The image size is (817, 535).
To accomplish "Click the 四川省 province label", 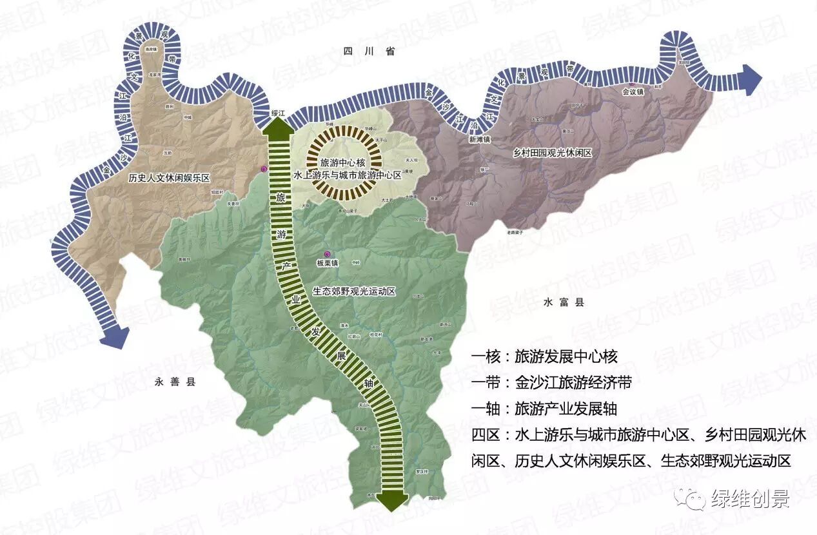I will [x=368, y=51].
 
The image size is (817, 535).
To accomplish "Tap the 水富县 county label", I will [x=563, y=302].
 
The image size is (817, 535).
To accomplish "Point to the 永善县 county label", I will [x=175, y=382].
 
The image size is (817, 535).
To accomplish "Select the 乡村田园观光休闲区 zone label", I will [x=553, y=153].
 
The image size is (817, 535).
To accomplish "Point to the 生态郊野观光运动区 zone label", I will [x=353, y=291].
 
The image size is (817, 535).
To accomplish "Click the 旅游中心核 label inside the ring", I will [x=342, y=162].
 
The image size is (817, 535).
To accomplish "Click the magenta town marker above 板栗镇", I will [x=327, y=254].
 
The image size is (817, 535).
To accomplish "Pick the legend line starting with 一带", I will [x=551, y=382].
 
